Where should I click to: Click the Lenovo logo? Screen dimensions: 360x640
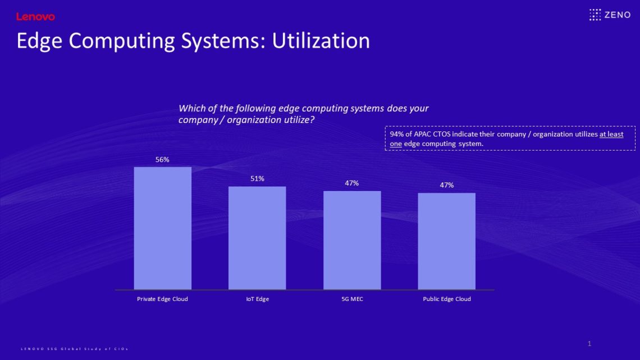click(x=35, y=17)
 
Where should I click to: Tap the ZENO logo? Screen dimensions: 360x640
click(x=610, y=15)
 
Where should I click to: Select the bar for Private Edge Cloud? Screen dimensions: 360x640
click(x=162, y=228)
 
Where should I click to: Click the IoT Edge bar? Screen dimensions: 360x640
click(x=257, y=238)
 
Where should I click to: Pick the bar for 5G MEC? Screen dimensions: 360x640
click(x=352, y=240)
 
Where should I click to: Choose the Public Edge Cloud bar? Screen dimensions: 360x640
click(x=446, y=241)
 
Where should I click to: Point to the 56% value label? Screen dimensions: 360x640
click(x=162, y=160)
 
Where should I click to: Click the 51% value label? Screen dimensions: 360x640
click(x=257, y=179)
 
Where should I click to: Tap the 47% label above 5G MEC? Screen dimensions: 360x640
click(x=352, y=183)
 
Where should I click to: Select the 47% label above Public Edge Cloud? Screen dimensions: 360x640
click(x=446, y=185)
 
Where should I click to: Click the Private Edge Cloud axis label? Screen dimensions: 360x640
click(x=162, y=299)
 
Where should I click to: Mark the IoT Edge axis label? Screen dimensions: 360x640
click(x=257, y=299)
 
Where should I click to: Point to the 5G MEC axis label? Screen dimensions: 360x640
click(x=352, y=299)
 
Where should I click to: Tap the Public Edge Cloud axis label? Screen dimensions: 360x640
click(x=446, y=299)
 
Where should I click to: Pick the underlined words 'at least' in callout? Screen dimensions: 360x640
click(x=611, y=134)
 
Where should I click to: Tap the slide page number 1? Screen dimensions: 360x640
click(x=589, y=343)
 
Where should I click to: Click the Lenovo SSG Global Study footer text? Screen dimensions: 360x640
click(x=75, y=349)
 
